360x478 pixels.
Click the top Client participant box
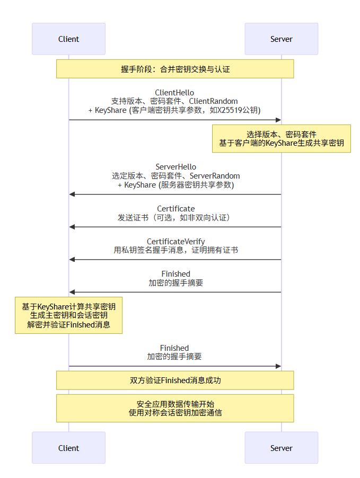(68, 39)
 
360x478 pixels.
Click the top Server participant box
(281, 39)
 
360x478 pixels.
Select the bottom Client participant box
(68, 448)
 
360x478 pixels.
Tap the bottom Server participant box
(281, 448)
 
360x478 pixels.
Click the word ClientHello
(174, 92)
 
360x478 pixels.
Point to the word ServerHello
(175, 167)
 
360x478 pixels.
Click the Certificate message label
(175, 208)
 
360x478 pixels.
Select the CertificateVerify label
(175, 241)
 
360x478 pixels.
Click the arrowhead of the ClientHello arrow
(278, 120)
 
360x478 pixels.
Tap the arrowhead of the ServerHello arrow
(72, 194)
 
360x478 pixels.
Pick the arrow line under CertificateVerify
(175, 260)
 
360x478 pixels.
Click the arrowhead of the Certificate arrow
(72, 227)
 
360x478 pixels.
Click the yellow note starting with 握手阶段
(175, 69)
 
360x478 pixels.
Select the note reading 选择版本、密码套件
(281, 135)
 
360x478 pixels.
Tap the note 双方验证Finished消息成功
(175, 380)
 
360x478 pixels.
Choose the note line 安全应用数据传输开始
(175, 403)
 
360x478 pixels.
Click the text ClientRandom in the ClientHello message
(214, 101)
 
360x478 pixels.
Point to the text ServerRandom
(215, 175)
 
